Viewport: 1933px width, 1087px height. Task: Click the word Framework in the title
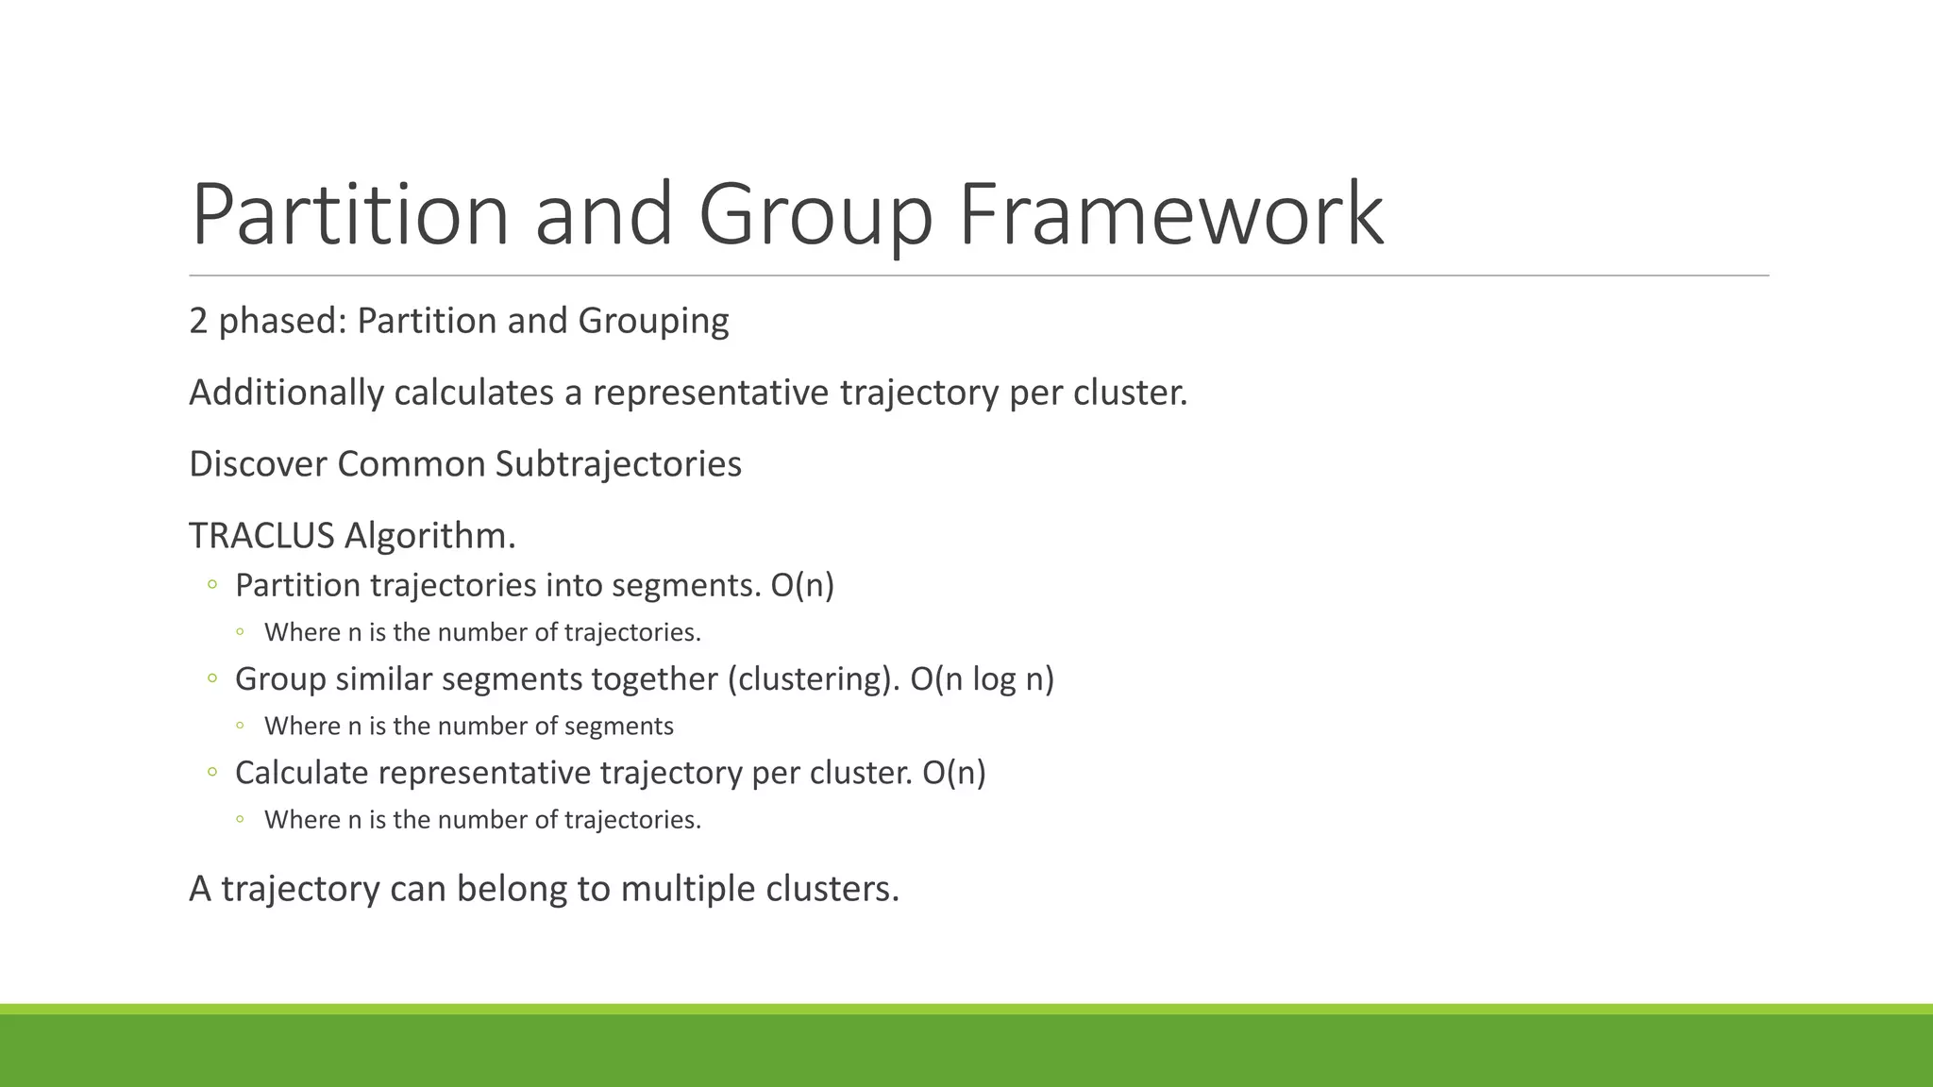click(x=1170, y=215)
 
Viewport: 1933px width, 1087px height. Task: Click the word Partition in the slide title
click(x=350, y=215)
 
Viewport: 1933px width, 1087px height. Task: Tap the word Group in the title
click(x=815, y=215)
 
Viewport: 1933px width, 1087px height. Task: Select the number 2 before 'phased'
click(x=198, y=321)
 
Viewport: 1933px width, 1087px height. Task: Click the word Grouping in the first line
click(x=653, y=321)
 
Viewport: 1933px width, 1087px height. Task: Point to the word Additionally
click(x=286, y=393)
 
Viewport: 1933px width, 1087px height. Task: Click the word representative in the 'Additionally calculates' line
click(x=710, y=393)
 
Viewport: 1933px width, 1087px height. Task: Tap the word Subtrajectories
click(x=618, y=464)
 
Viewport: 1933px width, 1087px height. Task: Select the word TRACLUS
click(x=261, y=536)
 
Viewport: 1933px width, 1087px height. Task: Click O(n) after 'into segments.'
click(x=802, y=585)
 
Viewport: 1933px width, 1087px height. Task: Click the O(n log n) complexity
click(x=982, y=678)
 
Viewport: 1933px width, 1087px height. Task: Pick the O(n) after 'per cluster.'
click(x=953, y=772)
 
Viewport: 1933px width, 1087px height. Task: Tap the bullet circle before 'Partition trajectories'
click(x=212, y=585)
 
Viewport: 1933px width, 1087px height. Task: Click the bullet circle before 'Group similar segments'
click(x=212, y=677)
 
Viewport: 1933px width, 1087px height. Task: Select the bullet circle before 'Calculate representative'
click(x=212, y=772)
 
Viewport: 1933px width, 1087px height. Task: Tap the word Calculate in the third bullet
click(x=301, y=772)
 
